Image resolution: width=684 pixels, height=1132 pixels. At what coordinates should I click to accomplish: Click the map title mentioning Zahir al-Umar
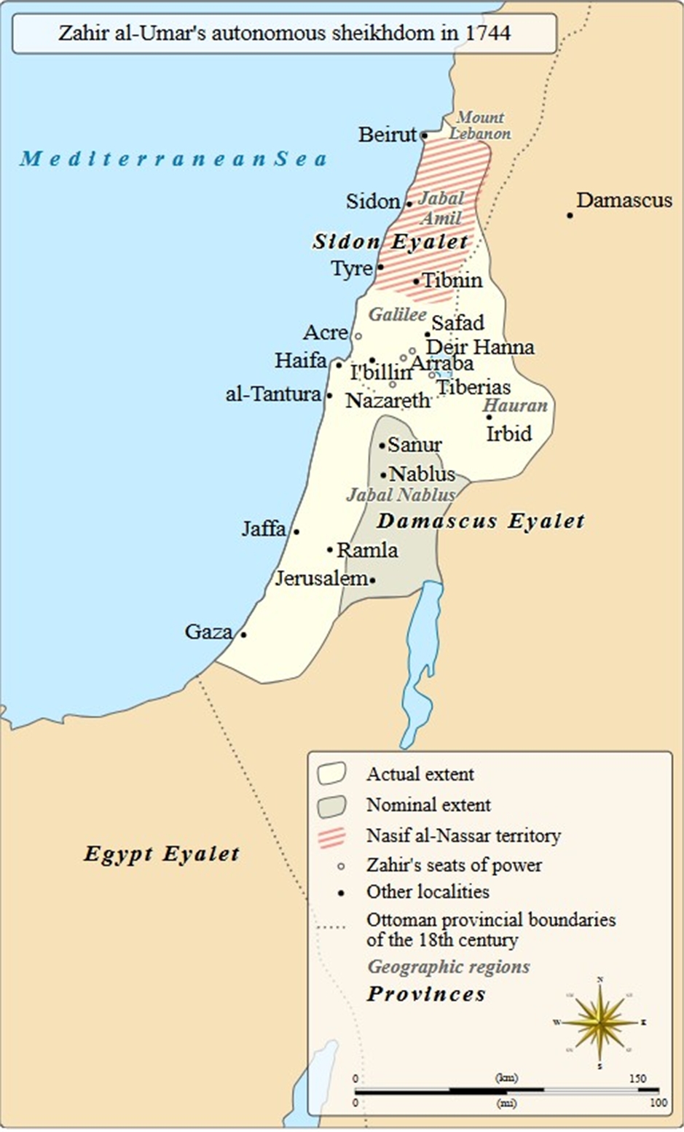click(284, 33)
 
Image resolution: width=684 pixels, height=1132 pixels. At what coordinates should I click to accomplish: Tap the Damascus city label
click(624, 200)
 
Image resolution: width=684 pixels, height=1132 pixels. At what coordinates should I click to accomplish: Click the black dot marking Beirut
click(424, 135)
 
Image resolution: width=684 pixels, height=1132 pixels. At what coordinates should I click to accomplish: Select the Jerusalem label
click(321, 578)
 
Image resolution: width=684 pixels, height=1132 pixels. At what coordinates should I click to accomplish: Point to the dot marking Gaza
click(243, 634)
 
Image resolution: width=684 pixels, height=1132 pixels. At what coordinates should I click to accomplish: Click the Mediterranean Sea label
click(173, 158)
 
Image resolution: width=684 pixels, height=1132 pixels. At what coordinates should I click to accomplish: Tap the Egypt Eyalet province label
click(161, 854)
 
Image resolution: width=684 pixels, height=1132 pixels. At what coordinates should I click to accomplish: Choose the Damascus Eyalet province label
click(481, 521)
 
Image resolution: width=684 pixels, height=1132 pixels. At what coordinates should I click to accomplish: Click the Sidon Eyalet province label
click(390, 242)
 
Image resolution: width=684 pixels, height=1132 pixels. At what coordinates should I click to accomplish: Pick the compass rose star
click(600, 1023)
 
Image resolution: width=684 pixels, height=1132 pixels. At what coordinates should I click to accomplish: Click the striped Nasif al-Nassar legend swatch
click(331, 836)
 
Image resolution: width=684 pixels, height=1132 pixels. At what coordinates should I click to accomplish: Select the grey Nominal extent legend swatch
click(331, 805)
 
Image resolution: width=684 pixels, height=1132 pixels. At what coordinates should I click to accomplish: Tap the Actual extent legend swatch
click(331, 774)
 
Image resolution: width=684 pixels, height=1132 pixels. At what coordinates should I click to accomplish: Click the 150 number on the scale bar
click(637, 1078)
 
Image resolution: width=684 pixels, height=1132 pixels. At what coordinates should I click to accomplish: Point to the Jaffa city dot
click(296, 531)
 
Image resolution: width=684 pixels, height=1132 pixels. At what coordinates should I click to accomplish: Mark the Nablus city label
click(422, 474)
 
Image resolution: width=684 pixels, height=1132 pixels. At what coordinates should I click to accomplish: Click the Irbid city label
click(509, 434)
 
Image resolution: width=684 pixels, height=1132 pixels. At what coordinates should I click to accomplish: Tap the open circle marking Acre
click(358, 336)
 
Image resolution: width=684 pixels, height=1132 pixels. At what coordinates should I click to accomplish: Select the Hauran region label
click(515, 406)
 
